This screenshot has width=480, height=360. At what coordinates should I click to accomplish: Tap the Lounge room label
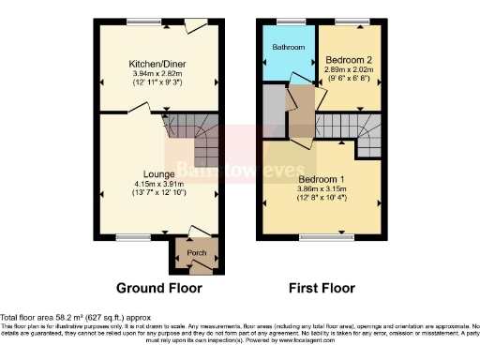[x=157, y=173]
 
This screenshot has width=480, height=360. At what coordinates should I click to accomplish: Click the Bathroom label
[x=288, y=47]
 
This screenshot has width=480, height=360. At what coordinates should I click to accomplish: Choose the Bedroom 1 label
[x=322, y=178]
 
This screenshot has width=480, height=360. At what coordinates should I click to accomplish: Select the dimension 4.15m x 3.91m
[x=157, y=184]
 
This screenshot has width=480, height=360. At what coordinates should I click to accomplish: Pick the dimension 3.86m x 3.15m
[x=322, y=188]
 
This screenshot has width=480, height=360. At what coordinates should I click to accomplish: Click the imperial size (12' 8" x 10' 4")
[x=322, y=198]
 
